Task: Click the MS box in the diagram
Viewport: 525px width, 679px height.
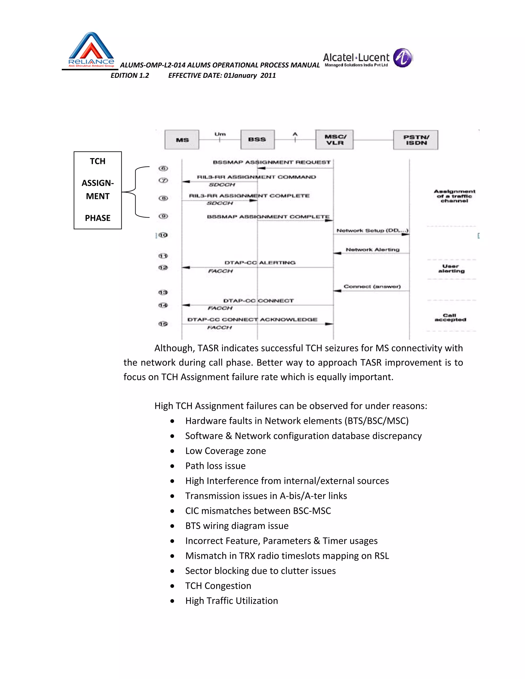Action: (x=182, y=140)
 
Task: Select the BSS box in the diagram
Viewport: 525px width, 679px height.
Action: (x=257, y=140)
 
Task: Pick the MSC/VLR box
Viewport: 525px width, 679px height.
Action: (x=334, y=140)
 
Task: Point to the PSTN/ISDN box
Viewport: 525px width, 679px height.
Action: (x=416, y=140)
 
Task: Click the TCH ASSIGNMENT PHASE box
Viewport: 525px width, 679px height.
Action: (x=98, y=190)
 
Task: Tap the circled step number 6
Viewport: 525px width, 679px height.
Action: (x=163, y=169)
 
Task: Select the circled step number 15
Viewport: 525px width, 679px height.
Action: (x=163, y=324)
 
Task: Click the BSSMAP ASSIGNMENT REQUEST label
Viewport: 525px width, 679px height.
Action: (x=271, y=162)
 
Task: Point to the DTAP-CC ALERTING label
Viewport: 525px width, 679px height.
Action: (x=260, y=263)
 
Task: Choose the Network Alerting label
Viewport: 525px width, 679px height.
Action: (x=372, y=250)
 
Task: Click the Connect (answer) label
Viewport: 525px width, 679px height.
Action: (x=372, y=287)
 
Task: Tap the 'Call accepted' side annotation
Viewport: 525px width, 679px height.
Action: (x=450, y=317)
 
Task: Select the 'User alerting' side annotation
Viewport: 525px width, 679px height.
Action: (x=451, y=269)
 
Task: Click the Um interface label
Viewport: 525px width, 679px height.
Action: (x=220, y=134)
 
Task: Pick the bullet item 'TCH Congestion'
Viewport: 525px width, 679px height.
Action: (x=218, y=586)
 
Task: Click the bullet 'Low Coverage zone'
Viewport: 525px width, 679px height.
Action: (x=226, y=451)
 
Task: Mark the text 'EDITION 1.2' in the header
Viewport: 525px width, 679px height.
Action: (x=130, y=76)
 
